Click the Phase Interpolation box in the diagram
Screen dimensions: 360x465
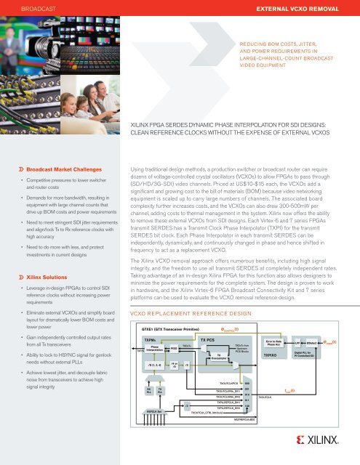point(154,349)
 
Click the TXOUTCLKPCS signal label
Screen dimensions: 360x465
point(233,401)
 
